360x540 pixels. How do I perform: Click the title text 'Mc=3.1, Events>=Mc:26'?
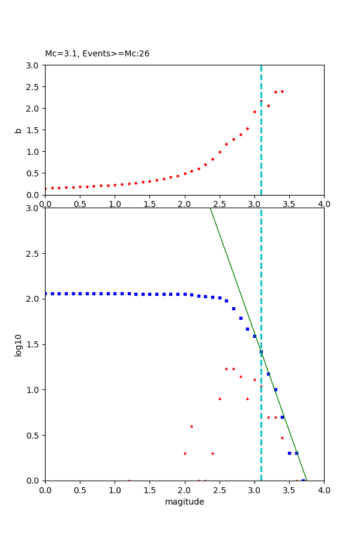97,54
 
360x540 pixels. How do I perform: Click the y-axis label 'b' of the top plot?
18,130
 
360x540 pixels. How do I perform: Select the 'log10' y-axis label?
18,345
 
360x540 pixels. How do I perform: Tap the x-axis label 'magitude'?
184,502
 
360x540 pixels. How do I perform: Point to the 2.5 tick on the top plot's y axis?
34,87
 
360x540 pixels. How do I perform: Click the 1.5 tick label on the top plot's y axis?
34,130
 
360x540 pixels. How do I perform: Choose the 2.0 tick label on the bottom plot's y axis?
34,299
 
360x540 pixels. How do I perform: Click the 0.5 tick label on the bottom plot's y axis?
34,435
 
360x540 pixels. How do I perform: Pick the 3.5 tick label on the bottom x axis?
289,490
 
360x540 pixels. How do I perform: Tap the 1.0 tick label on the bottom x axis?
115,490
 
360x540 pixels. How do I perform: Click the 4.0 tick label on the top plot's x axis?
324,204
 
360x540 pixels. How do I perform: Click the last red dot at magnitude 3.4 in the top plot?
282,91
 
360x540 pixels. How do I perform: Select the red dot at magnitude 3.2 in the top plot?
268,106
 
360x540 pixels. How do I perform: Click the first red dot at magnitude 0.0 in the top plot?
46,188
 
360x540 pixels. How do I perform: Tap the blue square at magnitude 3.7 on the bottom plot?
303,480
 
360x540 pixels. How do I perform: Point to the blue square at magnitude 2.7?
233,308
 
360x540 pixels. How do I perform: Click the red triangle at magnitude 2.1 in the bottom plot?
191,426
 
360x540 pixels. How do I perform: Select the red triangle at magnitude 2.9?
247,398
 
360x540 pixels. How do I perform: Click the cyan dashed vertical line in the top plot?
261,150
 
